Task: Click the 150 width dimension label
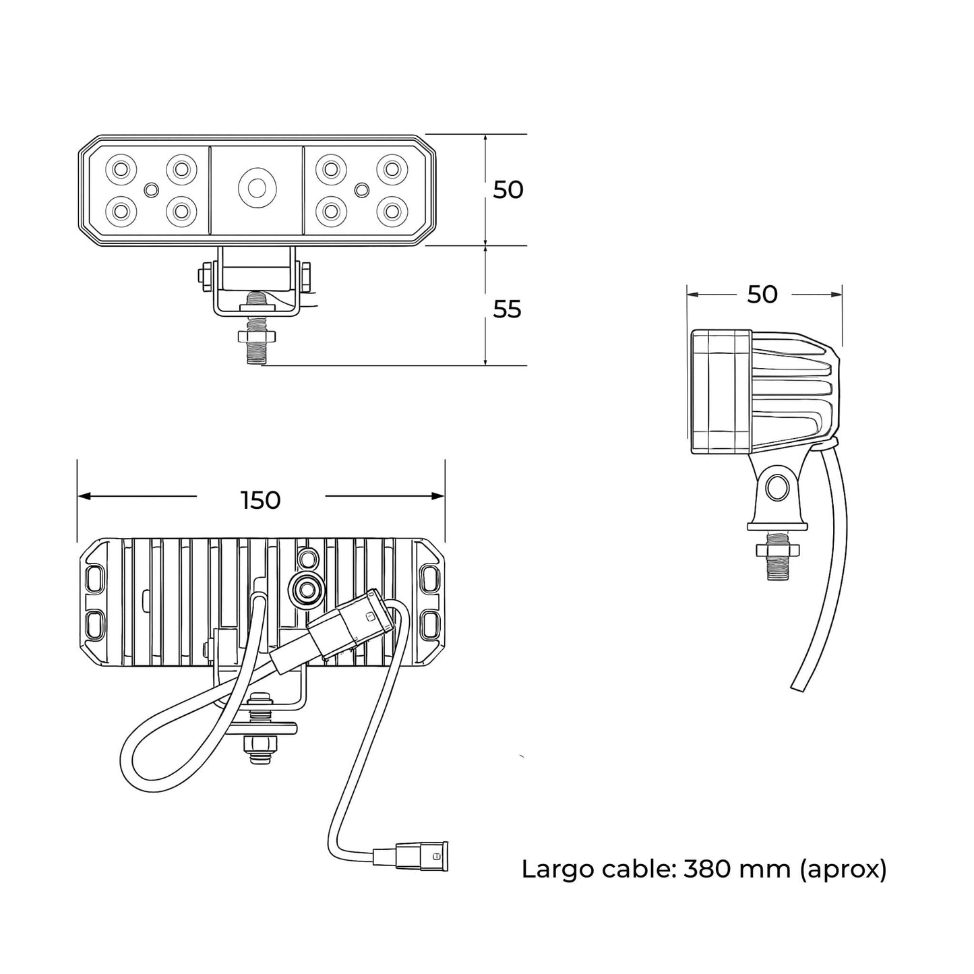pyautogui.click(x=260, y=500)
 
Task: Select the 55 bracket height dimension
pyautogui.click(x=508, y=309)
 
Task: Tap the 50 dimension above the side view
pyautogui.click(x=762, y=295)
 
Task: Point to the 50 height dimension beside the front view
pyautogui.click(x=508, y=190)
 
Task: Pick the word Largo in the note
pyautogui.click(x=556, y=870)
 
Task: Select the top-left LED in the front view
pyautogui.click(x=121, y=168)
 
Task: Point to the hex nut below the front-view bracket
pyautogui.click(x=256, y=336)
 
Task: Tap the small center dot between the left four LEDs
pyautogui.click(x=151, y=189)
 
